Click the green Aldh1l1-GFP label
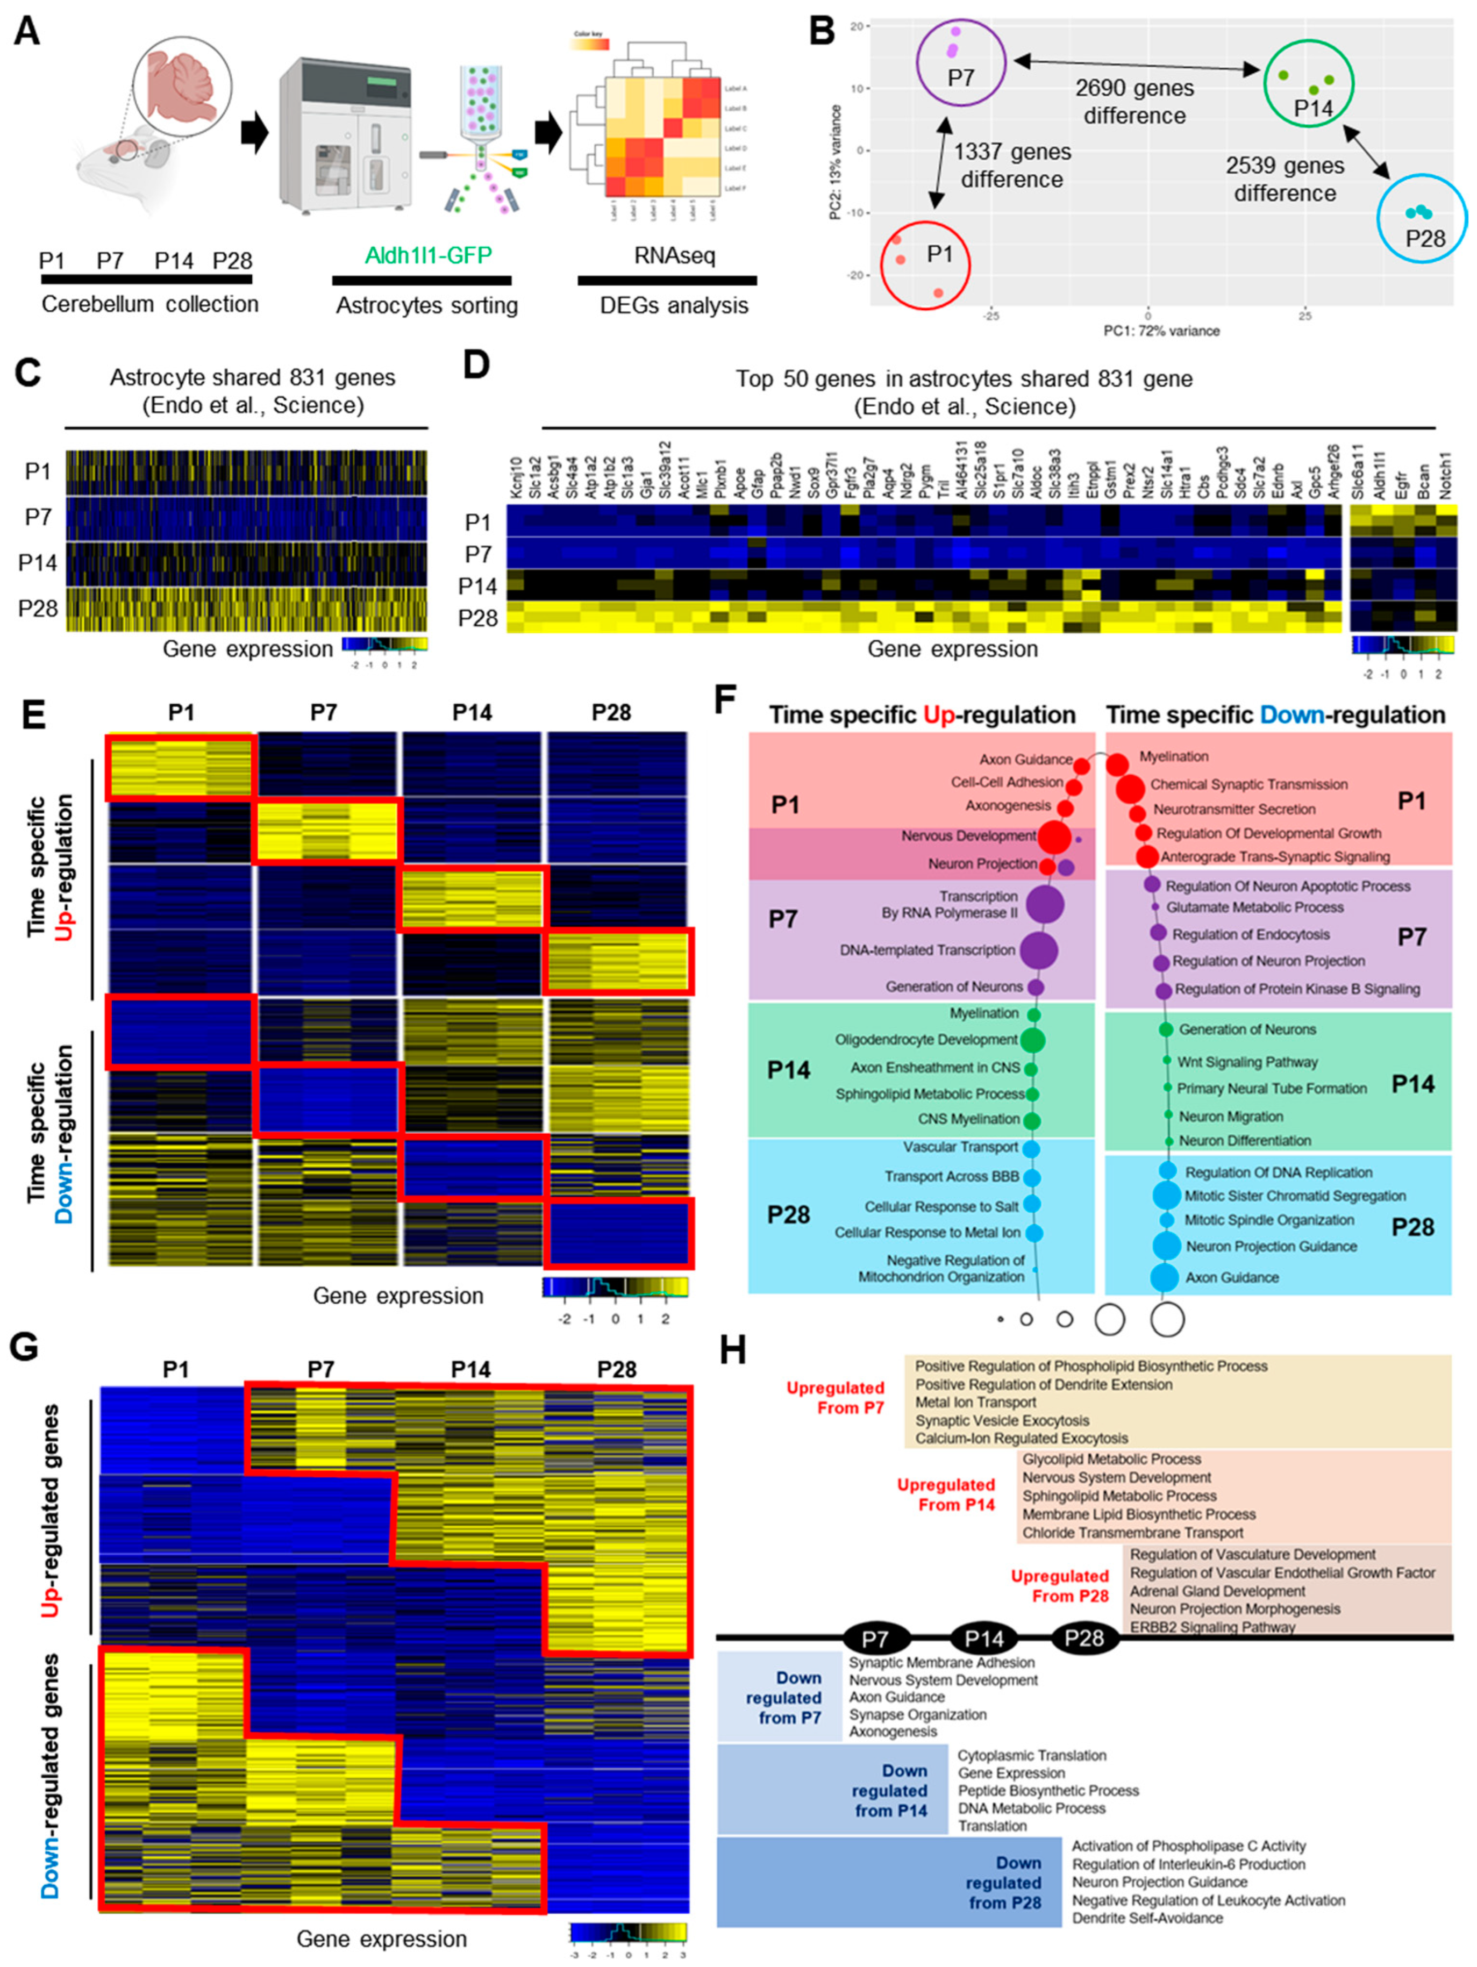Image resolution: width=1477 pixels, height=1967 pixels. click(427, 255)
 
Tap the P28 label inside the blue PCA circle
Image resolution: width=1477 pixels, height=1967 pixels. click(1424, 238)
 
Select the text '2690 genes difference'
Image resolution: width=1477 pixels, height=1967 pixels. click(1134, 102)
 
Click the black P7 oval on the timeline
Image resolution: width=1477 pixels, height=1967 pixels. click(876, 1638)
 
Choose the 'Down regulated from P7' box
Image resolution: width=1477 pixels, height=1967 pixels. click(780, 1697)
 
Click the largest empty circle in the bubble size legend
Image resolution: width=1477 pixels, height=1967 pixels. click(1167, 1320)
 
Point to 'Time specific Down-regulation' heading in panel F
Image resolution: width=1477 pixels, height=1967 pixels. click(1275, 715)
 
